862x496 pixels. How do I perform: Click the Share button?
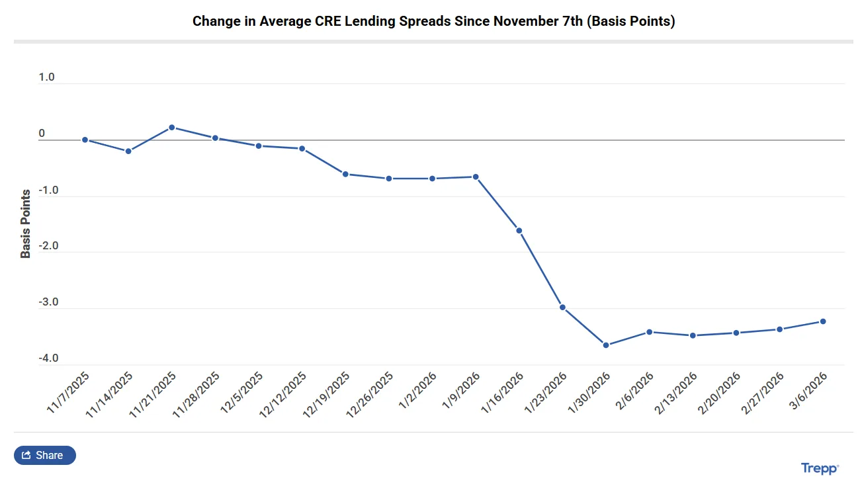[x=44, y=455]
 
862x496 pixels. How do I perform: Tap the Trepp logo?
[x=820, y=468]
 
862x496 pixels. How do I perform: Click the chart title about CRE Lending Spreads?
[x=433, y=21]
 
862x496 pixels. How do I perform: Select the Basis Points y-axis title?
[x=26, y=224]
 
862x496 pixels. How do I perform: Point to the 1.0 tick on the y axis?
[x=46, y=77]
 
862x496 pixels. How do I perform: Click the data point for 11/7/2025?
[x=85, y=140]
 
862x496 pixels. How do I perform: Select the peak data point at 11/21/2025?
[x=171, y=127]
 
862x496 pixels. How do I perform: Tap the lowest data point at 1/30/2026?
[x=606, y=345]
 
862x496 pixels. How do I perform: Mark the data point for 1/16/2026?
[x=519, y=231]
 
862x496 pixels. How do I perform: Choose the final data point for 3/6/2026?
[x=823, y=321]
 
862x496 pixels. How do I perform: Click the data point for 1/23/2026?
[x=562, y=308]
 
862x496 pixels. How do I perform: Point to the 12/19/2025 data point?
[x=345, y=174]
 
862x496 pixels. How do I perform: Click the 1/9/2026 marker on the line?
[x=476, y=177]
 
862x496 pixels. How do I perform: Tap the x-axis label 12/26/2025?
[x=370, y=394]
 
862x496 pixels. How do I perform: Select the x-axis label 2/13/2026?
[x=675, y=394]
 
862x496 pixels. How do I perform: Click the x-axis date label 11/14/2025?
[x=110, y=394]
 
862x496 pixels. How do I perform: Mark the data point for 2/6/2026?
[x=650, y=332]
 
